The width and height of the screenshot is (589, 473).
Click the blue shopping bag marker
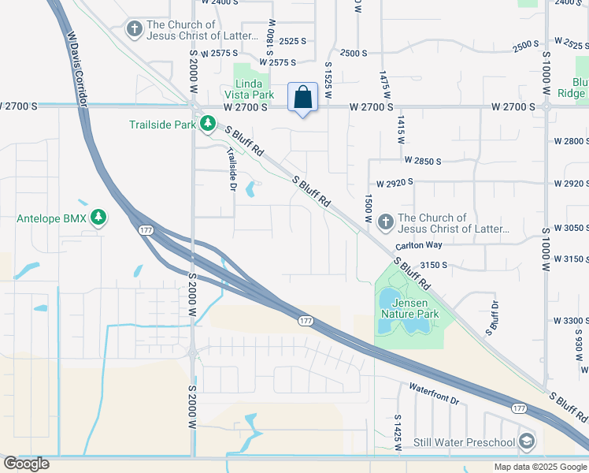tap(302, 99)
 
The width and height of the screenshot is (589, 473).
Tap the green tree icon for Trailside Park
tap(208, 124)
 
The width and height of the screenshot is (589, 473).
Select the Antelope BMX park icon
tap(98, 218)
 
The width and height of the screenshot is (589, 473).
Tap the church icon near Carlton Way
tap(386, 223)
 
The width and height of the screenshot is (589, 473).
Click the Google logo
tap(26, 464)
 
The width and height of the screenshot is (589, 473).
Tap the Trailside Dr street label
tap(232, 169)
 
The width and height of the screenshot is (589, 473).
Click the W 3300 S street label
tap(571, 321)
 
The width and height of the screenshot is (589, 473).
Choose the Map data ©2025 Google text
tap(539, 467)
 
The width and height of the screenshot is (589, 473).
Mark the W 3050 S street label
tap(571, 227)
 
